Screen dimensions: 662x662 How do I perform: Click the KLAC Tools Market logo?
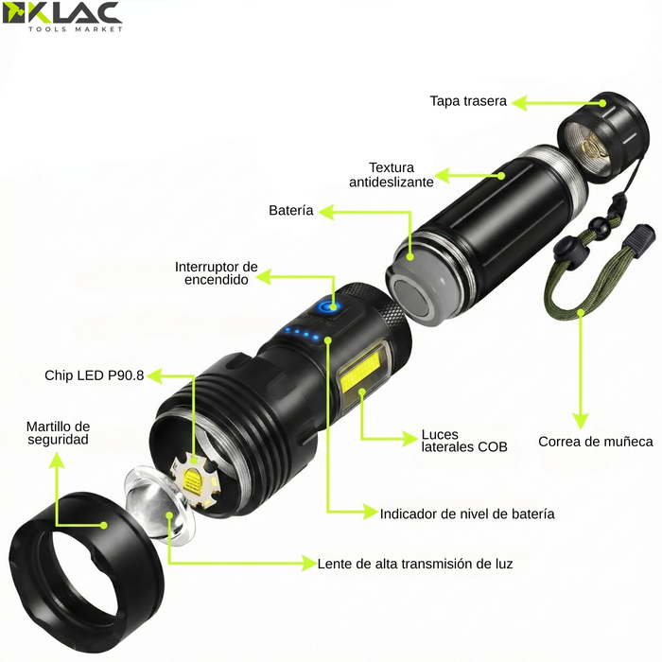pos(62,17)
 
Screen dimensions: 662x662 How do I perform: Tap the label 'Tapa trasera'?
pos(468,101)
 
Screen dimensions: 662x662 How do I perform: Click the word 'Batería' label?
pos(290,211)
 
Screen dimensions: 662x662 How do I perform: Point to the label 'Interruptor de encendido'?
pos(217,273)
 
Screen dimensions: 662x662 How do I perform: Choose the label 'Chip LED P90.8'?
pos(95,375)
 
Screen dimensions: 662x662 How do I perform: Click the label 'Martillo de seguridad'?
pos(58,432)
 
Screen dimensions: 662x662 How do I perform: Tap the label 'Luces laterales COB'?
pos(464,442)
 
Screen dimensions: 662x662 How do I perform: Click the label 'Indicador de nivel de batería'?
pos(467,514)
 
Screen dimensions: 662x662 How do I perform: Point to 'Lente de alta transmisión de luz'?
pos(415,564)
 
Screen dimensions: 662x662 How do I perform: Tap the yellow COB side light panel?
pos(363,378)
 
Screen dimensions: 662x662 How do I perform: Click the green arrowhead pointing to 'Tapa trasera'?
pos(522,101)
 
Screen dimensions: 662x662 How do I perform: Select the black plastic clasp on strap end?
pos(643,238)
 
